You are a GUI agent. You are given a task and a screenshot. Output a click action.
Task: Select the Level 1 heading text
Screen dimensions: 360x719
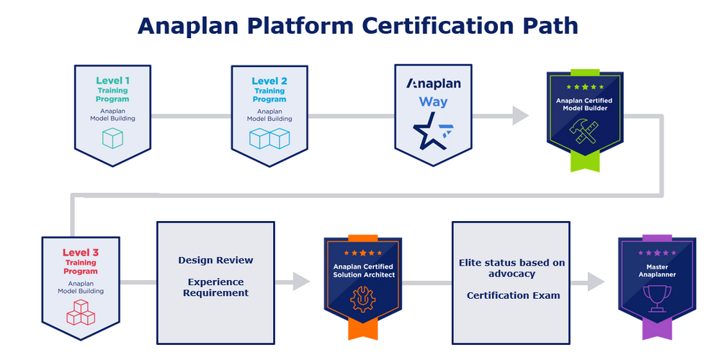[x=112, y=81]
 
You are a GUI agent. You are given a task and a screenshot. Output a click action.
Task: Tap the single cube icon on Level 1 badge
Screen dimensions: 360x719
[x=112, y=138]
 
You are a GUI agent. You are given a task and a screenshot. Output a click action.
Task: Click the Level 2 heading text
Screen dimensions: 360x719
[x=269, y=81]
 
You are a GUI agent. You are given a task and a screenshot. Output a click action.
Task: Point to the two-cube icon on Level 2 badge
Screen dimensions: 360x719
[x=269, y=138]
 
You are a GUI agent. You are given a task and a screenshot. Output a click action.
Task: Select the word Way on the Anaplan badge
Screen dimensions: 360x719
[x=433, y=102]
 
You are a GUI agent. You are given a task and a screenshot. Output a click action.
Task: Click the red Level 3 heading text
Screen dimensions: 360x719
[x=80, y=253]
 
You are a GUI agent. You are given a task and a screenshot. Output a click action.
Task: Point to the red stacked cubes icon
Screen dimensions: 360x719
[x=80, y=310]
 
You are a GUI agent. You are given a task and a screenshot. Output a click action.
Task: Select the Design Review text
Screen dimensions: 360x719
[x=215, y=260]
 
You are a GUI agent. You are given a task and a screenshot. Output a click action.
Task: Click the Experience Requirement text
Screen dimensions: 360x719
[x=215, y=287]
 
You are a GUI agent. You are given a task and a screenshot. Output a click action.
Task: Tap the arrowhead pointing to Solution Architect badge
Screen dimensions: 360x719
[x=301, y=282]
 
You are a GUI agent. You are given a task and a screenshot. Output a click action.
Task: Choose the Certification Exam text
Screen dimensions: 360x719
[x=512, y=295]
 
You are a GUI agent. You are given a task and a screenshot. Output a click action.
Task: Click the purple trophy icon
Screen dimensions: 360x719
[x=656, y=297]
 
